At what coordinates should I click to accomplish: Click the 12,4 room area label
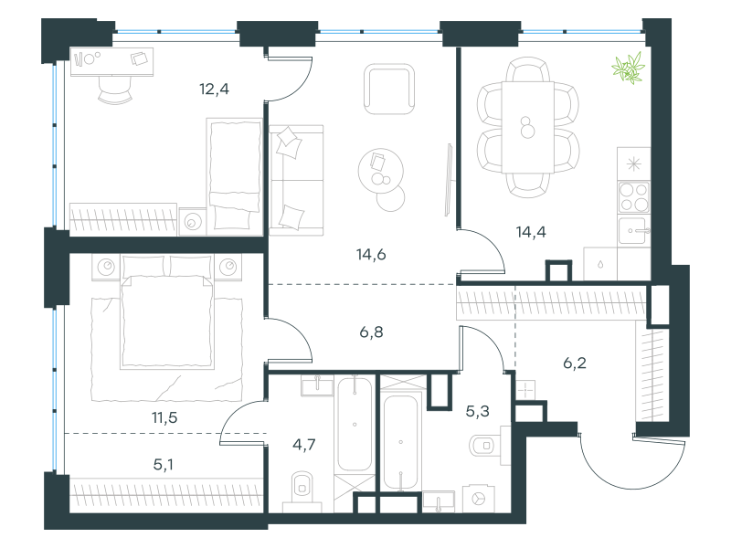214,89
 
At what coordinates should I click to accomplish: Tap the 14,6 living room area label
371,255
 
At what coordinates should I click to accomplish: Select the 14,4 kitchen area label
531,232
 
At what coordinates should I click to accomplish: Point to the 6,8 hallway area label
372,332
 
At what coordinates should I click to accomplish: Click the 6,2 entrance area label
575,363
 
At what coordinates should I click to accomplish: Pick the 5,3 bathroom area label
477,411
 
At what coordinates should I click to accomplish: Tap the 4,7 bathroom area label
304,445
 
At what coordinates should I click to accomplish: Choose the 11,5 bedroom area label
164,417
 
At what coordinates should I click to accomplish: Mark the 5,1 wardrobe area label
164,465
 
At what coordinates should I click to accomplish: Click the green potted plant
629,68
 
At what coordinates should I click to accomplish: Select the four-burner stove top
633,197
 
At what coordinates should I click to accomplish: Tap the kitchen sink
633,231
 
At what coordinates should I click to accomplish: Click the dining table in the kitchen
528,127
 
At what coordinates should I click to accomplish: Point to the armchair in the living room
389,89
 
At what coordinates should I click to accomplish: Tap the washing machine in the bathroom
479,499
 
